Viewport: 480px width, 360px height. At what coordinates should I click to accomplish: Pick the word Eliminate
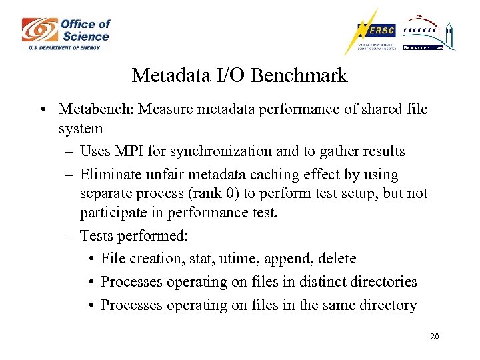109,175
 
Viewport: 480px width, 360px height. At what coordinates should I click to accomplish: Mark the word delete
337,259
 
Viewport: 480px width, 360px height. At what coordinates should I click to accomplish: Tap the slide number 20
434,337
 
